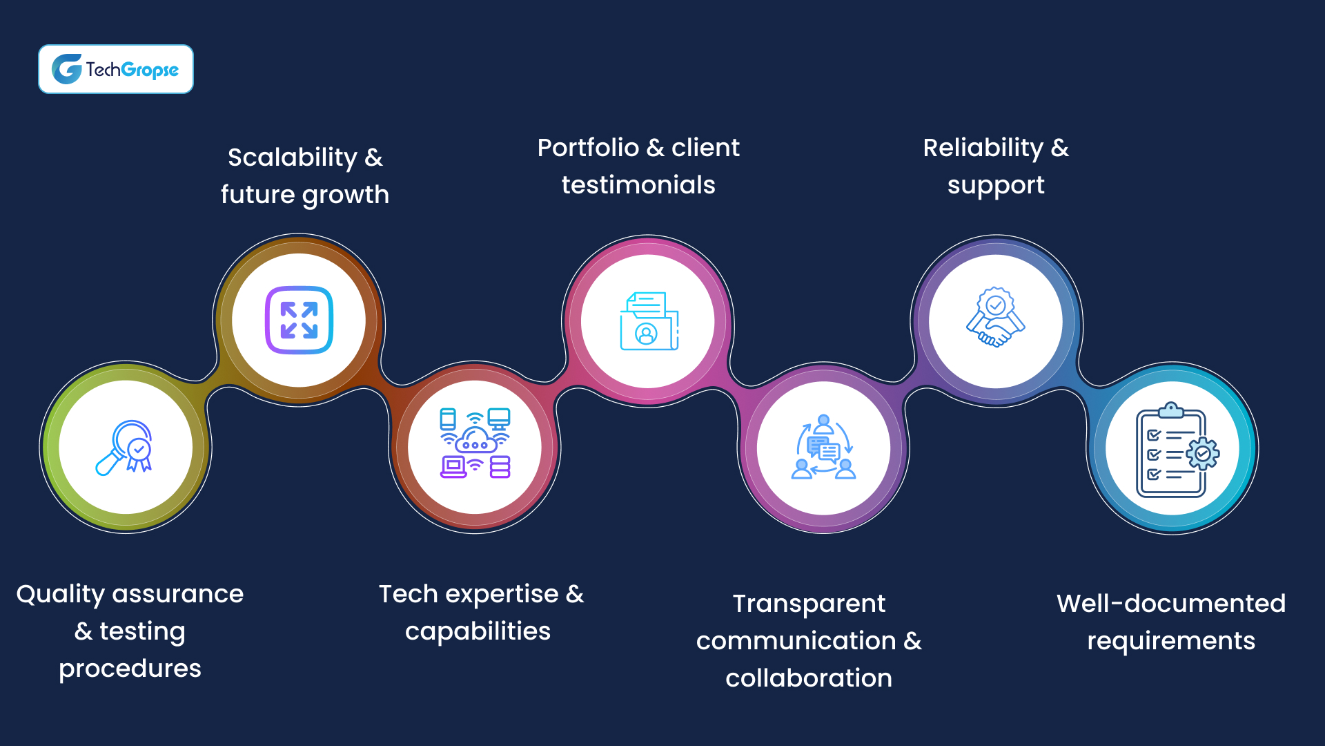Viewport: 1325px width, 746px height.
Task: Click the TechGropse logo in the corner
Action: pos(115,69)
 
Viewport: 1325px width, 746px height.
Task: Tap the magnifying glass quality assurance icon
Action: pos(125,448)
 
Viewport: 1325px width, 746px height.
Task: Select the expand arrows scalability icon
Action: pos(299,320)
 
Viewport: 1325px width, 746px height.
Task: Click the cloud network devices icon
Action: pos(475,443)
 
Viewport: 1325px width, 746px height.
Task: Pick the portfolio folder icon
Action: pos(649,321)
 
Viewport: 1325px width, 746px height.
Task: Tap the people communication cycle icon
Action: pos(823,448)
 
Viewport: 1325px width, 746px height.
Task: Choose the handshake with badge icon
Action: pos(995,318)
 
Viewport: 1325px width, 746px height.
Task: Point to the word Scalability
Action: pos(293,157)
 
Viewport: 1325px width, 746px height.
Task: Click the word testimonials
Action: pos(638,185)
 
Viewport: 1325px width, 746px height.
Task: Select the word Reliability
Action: pos(983,148)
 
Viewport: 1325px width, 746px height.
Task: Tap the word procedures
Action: pos(130,669)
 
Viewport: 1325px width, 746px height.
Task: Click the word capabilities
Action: pos(478,631)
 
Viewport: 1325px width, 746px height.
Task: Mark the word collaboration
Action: pos(809,678)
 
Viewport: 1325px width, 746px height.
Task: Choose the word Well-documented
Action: pos(1171,604)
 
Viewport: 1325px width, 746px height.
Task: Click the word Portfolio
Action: pos(588,148)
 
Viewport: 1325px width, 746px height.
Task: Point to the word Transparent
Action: pos(809,604)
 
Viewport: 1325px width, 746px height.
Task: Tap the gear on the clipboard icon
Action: pos(1203,454)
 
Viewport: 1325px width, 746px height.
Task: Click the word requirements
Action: pos(1171,641)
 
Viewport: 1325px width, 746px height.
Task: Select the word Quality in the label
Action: pos(60,594)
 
